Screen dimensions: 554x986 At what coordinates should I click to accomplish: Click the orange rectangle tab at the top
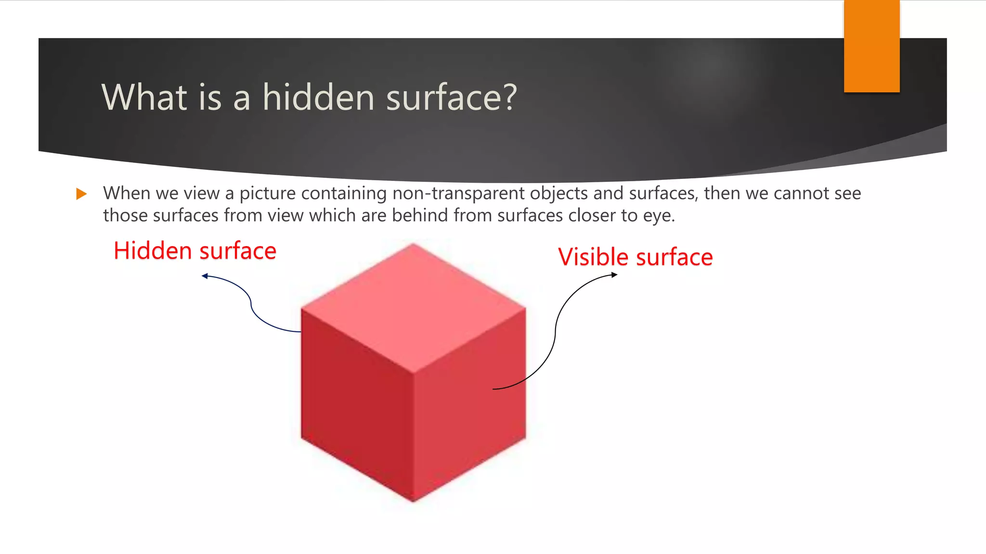coord(871,46)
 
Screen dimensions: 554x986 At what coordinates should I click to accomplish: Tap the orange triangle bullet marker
coord(81,194)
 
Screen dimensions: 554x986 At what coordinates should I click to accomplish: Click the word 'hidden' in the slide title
coord(318,97)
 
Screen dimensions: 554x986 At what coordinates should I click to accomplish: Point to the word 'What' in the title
coord(144,97)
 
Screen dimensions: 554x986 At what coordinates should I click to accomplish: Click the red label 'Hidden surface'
coord(195,251)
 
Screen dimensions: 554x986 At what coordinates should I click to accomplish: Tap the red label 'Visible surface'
coord(636,257)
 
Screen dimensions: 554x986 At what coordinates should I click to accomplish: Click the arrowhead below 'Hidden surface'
coord(205,276)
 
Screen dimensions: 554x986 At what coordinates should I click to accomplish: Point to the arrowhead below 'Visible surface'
coord(614,275)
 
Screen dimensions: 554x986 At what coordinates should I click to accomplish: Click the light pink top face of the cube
coord(413,308)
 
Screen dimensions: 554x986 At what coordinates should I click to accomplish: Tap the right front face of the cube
coord(469,409)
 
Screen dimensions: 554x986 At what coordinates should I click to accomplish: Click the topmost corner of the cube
coord(413,245)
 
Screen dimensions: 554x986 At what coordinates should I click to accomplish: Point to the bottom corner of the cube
coord(414,501)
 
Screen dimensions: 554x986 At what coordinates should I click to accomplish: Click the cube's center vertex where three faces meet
coord(414,372)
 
